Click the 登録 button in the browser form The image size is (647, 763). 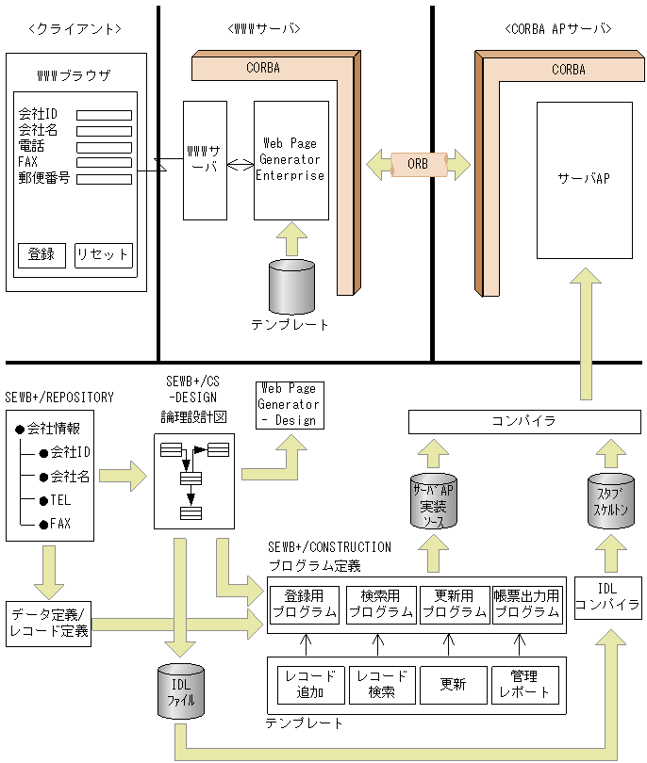click(41, 255)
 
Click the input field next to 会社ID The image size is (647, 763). click(104, 116)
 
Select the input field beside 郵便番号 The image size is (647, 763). click(104, 178)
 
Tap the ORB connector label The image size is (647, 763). click(417, 164)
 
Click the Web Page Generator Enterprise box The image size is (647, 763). click(291, 160)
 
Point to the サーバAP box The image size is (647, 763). click(584, 179)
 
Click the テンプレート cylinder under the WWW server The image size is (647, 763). click(290, 287)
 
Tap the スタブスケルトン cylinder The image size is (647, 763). click(608, 499)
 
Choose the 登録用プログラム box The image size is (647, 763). click(304, 604)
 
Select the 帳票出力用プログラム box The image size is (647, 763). click(526, 604)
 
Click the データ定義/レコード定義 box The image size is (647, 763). click(47, 623)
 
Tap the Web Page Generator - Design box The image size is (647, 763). click(289, 404)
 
